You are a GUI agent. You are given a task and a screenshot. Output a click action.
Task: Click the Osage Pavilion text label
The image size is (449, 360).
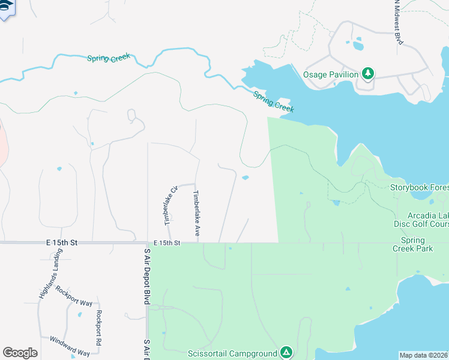(x=331, y=74)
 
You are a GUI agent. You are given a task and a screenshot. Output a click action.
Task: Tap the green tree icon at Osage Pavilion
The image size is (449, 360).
(x=368, y=74)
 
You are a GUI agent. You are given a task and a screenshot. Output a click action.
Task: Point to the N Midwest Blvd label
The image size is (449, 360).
(x=397, y=21)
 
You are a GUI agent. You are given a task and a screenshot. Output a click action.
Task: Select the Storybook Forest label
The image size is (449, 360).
(x=419, y=187)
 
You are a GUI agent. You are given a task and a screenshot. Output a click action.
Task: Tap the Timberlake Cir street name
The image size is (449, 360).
(x=170, y=205)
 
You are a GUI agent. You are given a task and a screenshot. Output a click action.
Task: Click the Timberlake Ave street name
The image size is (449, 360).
(x=196, y=212)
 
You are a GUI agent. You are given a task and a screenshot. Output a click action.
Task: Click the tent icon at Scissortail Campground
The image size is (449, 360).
(x=286, y=352)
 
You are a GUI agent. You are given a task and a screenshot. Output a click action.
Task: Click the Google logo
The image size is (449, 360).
(x=20, y=353)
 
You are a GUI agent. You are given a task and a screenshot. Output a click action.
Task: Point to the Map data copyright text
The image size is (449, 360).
(x=424, y=355)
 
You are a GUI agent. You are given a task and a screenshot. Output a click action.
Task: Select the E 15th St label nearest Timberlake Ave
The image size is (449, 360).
(x=166, y=243)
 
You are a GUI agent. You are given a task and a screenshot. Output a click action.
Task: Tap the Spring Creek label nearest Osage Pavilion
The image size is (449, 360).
(x=273, y=101)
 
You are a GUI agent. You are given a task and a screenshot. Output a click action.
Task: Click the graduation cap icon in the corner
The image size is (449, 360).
(x=6, y=7)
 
